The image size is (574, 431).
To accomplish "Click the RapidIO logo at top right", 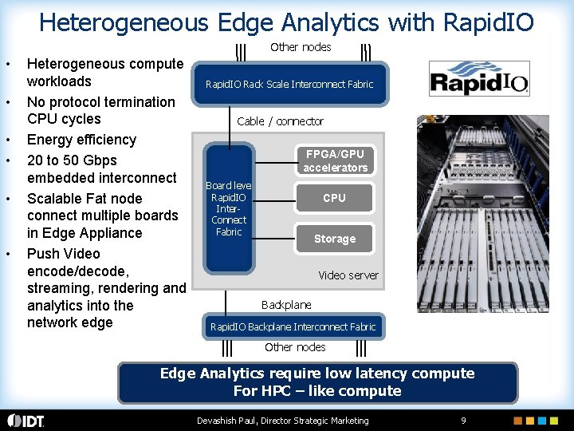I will point(478,79).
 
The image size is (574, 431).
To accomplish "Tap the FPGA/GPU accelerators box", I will point(335,160).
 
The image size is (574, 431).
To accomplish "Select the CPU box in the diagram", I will point(334,198).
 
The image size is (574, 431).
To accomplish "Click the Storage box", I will point(334,239).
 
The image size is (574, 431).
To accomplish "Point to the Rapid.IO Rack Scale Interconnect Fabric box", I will point(289,84).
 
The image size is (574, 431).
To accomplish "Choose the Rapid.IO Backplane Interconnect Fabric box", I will point(293,326).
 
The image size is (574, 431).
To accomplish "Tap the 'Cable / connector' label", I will point(281,121).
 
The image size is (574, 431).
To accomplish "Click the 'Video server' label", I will point(348,275).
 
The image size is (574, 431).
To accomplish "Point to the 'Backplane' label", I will point(286,304).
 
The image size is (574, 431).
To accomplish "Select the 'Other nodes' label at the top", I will point(301,47).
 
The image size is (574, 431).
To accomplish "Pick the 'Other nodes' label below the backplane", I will point(295,347).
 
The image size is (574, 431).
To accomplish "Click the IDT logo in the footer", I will point(26,421).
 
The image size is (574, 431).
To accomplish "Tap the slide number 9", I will point(463,421).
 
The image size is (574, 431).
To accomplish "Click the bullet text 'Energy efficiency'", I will point(81,140).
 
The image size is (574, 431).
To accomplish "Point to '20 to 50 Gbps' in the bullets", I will point(72,160).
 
